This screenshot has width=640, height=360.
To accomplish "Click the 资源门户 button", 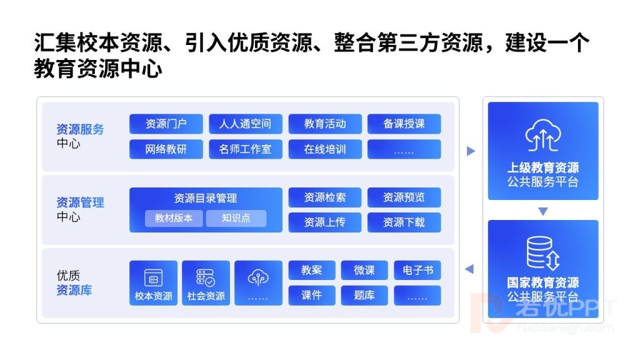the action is click(x=166, y=124).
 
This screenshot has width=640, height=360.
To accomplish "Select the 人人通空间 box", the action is click(x=245, y=124).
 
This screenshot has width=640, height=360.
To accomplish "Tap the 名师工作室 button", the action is click(x=245, y=149).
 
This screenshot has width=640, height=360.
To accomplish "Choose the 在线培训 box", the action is click(x=325, y=149).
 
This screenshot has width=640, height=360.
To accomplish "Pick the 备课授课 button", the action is click(x=404, y=124).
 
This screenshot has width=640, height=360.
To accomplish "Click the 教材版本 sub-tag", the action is click(x=174, y=218).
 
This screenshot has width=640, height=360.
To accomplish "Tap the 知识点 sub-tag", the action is click(x=236, y=218).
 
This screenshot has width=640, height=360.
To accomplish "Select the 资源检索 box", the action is click(x=325, y=197).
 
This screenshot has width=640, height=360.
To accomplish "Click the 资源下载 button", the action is click(x=404, y=222).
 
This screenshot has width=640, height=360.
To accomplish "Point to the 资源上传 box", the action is click(x=325, y=222).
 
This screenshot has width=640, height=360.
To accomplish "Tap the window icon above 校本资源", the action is click(x=154, y=278).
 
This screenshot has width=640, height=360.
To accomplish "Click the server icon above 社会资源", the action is click(x=206, y=278).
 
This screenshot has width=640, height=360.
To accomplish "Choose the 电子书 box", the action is click(x=417, y=270).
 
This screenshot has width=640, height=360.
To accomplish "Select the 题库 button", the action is click(x=364, y=296).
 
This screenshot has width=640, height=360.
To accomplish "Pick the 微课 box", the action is click(x=364, y=270).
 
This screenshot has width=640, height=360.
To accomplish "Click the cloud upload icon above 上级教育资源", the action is click(x=543, y=136).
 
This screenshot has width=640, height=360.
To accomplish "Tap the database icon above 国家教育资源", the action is click(x=543, y=253).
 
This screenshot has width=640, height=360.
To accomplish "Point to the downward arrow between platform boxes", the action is click(x=543, y=211).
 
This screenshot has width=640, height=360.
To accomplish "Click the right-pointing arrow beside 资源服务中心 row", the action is click(x=471, y=151).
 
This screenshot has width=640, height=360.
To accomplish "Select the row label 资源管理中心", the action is click(x=80, y=209).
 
